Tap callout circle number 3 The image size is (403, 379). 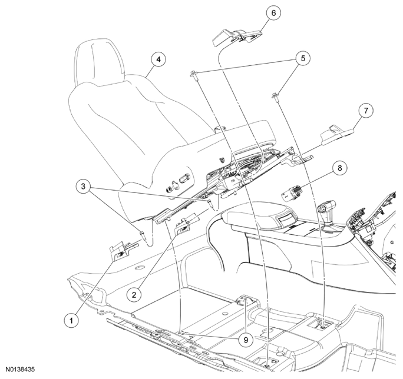coord(83,186)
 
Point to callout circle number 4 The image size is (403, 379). coord(158,59)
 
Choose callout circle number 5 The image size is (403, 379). coord(303,58)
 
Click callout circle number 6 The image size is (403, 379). coord(273,12)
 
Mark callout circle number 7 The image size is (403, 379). coord(366,111)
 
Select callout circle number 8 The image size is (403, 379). coord(339,168)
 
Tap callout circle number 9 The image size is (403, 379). coord(246,340)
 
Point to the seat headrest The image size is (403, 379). coord(99,62)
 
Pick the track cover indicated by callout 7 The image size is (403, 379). coord(337,133)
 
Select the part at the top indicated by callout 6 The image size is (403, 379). coord(237,36)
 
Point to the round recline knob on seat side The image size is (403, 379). coord(169,189)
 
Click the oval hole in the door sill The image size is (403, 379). coord(140,268)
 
